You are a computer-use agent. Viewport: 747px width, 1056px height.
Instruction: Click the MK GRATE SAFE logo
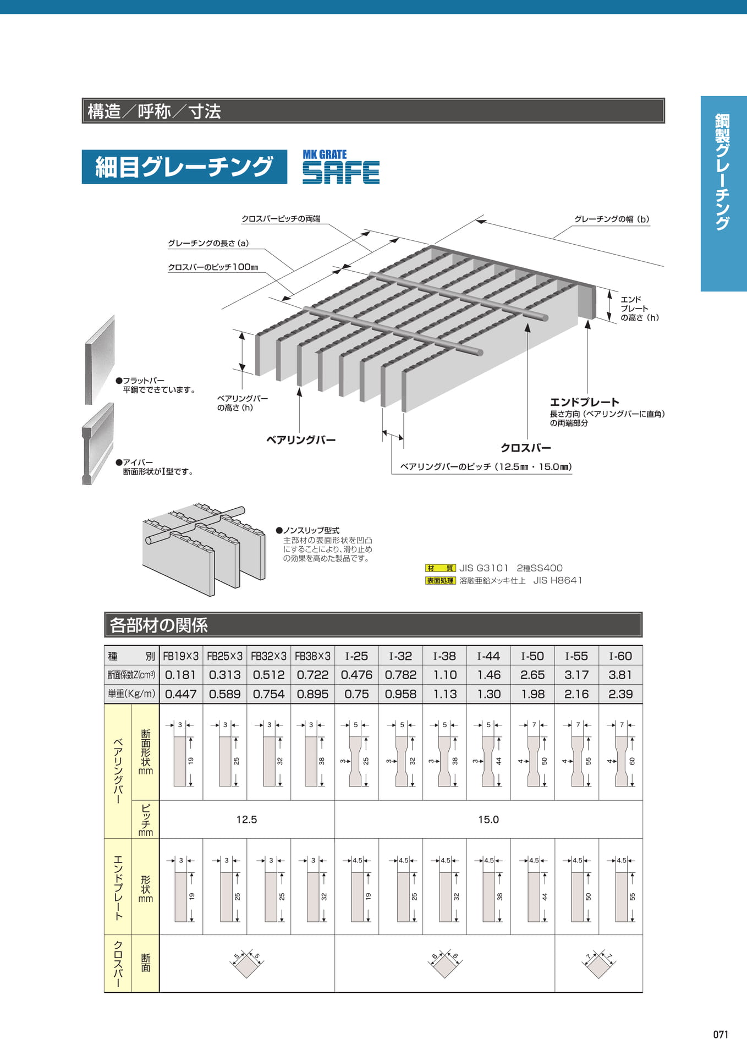pyautogui.click(x=340, y=166)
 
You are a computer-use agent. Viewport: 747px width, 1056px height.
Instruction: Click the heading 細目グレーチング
pyautogui.click(x=184, y=167)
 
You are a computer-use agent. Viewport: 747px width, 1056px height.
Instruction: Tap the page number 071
pyautogui.click(x=720, y=1035)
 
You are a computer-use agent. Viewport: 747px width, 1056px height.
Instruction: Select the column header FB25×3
pyautogui.click(x=224, y=656)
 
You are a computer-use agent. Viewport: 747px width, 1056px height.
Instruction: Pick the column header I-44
pyautogui.click(x=488, y=656)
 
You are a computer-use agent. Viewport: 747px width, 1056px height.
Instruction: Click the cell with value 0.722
pyautogui.click(x=312, y=675)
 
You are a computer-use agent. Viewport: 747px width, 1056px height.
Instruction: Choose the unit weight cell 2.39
pyautogui.click(x=620, y=694)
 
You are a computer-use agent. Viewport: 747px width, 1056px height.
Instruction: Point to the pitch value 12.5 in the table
pyautogui.click(x=246, y=820)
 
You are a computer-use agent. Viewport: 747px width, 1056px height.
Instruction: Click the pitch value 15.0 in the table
pyautogui.click(x=488, y=820)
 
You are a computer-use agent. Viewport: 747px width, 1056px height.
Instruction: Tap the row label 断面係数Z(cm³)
pyautogui.click(x=131, y=675)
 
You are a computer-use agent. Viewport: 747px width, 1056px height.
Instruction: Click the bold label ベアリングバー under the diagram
pyautogui.click(x=301, y=440)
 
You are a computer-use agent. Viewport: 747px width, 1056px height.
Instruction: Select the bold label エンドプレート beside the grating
pyautogui.click(x=584, y=402)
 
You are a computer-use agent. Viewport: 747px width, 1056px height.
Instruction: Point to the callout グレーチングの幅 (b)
pyautogui.click(x=612, y=219)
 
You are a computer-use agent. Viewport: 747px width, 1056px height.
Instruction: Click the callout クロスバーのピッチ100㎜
pyautogui.click(x=213, y=267)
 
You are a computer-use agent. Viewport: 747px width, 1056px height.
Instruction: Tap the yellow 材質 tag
pyautogui.click(x=440, y=568)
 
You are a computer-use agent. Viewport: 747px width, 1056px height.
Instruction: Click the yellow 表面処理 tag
pyautogui.click(x=440, y=580)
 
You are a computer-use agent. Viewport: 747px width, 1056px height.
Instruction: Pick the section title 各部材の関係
pyautogui.click(x=159, y=625)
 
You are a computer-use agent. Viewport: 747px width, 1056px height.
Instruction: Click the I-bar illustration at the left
pyautogui.click(x=98, y=444)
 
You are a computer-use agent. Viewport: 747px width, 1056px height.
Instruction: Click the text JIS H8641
pyautogui.click(x=558, y=580)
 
